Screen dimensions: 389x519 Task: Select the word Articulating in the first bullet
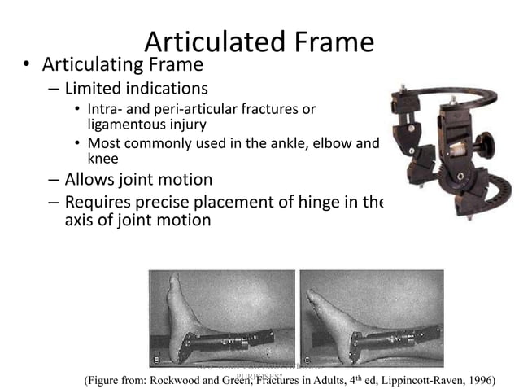click(87, 63)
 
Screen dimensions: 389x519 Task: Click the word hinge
click(324, 202)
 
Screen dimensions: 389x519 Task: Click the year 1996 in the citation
click(478, 378)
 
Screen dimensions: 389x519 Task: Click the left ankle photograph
click(221, 317)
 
